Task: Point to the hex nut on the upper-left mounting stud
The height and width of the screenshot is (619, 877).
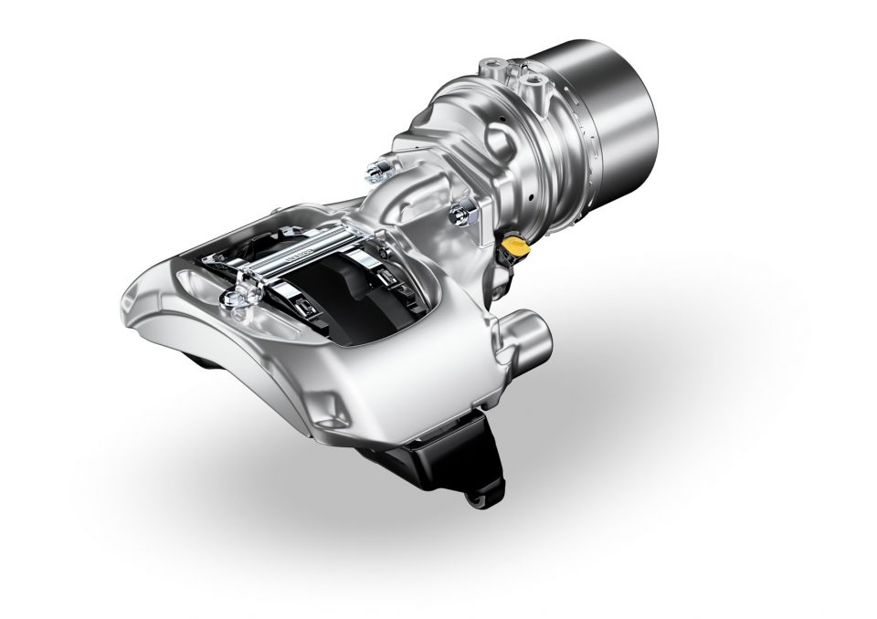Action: point(375,169)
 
